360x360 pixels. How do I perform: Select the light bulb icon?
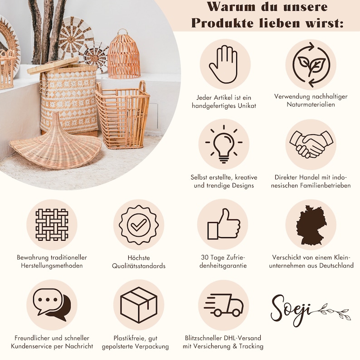pyautogui.click(x=223, y=144)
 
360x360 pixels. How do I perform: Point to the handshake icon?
pyautogui.click(x=311, y=144)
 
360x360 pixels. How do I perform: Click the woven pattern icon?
pyautogui.click(x=51, y=224)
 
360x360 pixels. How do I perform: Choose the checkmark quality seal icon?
pyautogui.click(x=138, y=224)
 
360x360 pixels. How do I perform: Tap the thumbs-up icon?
pyautogui.click(x=223, y=224)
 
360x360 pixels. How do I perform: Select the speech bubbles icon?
pyautogui.click(x=51, y=305)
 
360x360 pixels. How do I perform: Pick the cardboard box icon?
pyautogui.click(x=138, y=305)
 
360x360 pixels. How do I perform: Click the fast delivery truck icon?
pyautogui.click(x=223, y=305)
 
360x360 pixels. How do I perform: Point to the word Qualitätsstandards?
pyautogui.click(x=138, y=266)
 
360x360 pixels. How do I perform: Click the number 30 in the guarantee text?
pyautogui.click(x=204, y=257)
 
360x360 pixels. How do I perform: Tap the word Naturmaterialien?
pyautogui.click(x=311, y=105)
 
